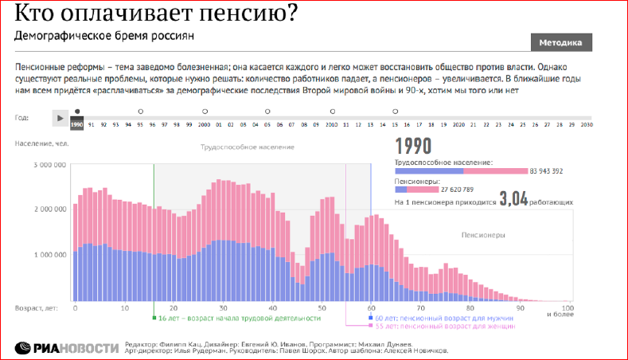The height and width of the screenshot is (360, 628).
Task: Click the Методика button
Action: click(x=560, y=42)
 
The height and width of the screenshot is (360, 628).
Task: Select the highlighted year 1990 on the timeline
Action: click(x=77, y=124)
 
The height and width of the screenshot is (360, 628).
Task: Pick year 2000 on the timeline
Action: click(x=204, y=124)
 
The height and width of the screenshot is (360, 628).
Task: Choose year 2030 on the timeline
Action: click(x=585, y=124)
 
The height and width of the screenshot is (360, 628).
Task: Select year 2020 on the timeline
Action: click(x=458, y=124)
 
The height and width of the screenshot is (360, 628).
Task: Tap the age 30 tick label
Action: click(x=224, y=307)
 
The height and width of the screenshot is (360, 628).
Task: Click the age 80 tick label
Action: click(x=470, y=307)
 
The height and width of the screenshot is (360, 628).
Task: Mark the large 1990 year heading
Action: click(x=413, y=146)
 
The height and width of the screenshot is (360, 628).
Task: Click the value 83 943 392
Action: click(x=547, y=171)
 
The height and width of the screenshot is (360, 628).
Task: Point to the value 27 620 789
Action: click(x=457, y=190)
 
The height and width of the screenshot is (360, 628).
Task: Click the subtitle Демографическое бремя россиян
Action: click(x=104, y=37)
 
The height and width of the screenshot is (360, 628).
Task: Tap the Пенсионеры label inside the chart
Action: click(x=483, y=236)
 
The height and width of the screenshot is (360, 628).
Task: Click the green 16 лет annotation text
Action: click(x=239, y=319)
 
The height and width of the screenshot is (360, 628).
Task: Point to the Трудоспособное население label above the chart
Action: click(x=247, y=147)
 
